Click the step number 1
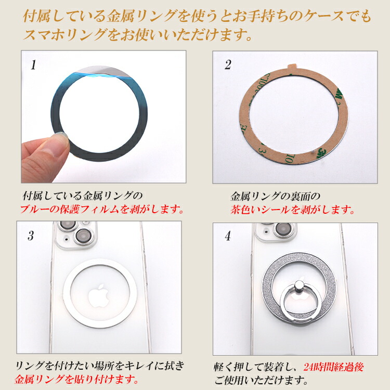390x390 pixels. [33, 65]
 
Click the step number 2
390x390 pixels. [228, 64]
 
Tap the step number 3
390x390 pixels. [31, 235]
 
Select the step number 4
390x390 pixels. [228, 236]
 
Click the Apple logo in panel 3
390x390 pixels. [99, 296]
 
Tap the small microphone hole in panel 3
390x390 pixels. [67, 239]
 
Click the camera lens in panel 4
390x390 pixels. [283, 228]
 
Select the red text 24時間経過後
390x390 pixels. [334, 367]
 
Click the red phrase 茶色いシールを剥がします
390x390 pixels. [292, 210]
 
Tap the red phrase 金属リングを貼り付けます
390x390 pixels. [76, 379]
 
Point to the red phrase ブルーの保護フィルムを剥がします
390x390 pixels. [102, 209]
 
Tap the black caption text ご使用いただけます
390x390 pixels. [261, 380]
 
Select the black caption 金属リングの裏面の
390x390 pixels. [275, 197]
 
